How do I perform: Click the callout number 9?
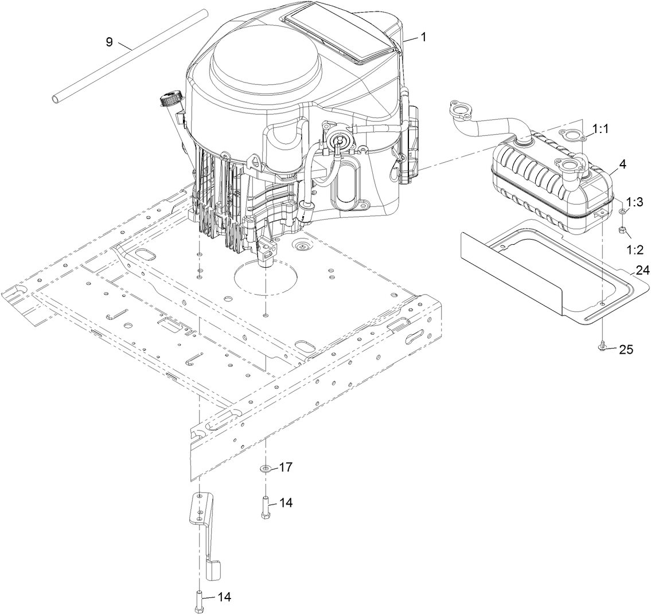109,41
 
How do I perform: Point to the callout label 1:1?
602,130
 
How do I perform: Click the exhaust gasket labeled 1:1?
571,135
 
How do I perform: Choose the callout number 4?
622,163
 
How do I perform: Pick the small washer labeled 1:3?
623,212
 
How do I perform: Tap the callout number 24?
642,269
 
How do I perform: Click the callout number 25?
626,349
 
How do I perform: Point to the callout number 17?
286,467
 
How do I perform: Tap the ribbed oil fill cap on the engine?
171,99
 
